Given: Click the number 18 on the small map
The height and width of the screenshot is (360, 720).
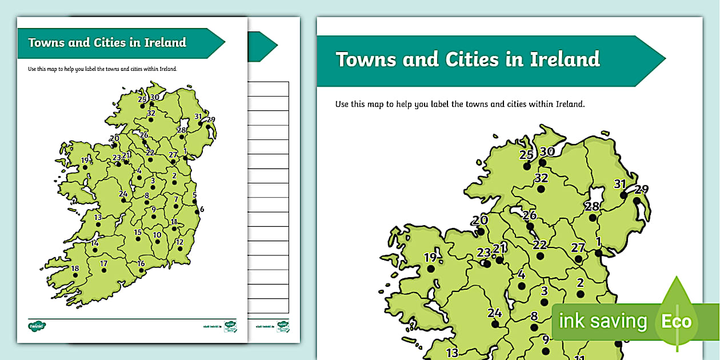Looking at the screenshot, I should coord(75,269).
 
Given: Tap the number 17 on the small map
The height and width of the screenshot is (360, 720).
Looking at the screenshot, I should coord(103,263).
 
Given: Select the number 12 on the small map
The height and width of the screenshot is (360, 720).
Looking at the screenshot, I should coord(179,242).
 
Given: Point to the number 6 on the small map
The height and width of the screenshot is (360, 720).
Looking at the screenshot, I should coord(202,209).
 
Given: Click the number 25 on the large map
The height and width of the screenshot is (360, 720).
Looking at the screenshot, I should coord(526,154).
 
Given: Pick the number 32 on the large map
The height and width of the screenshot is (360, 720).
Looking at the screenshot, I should coord(541,178).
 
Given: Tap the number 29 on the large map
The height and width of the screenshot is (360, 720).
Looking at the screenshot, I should coord(642,190).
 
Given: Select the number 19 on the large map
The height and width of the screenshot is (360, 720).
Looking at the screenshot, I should coord(430,258).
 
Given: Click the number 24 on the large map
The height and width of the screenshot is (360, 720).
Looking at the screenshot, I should coord(494,313).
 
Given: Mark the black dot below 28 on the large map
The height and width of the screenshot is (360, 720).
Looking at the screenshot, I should coord(593,218).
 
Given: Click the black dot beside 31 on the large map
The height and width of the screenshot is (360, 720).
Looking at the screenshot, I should coord(624,195).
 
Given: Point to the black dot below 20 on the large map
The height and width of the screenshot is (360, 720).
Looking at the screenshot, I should coord(481,231).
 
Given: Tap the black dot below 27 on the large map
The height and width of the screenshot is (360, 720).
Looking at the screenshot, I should coord(578,259).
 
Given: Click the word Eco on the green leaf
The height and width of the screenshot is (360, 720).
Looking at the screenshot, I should coord(677,321).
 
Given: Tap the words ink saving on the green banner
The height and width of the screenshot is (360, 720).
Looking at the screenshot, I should coord(602,321).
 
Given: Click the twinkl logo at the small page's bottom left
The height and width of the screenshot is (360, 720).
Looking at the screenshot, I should coord(37,326).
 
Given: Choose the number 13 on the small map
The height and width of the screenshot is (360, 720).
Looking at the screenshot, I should coord(98,217).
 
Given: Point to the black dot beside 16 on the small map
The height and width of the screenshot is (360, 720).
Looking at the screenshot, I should coord(141,270).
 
